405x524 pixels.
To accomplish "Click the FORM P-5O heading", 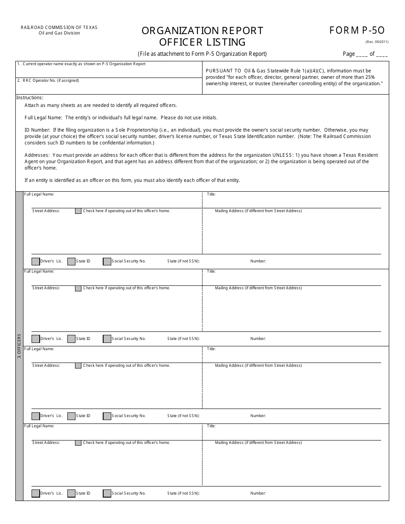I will click(357, 30).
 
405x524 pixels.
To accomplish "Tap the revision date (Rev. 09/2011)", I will click(376, 42).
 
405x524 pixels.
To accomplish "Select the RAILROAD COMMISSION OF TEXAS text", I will click(59, 27).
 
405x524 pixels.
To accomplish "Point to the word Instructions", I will click(29, 98).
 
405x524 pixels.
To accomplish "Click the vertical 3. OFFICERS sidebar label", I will click(19, 346).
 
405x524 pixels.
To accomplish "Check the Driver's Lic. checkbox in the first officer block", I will click(36, 261).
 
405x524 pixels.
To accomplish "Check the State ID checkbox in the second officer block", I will click(71, 339).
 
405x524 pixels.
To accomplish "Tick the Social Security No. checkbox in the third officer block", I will click(107, 416).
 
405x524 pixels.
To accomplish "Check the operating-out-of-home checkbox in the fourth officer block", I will click(78, 443).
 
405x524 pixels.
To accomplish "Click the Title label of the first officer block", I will click(211, 194).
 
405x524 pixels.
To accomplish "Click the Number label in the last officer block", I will click(258, 493).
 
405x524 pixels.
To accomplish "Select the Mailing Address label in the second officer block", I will click(258, 288).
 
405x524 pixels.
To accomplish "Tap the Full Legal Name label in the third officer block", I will click(39, 349).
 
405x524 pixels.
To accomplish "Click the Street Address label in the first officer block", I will click(46, 211).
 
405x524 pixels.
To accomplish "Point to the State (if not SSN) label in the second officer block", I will click(183, 339).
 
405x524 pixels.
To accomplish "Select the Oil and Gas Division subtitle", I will click(59, 33).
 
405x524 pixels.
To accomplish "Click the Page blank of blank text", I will click(365, 54).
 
